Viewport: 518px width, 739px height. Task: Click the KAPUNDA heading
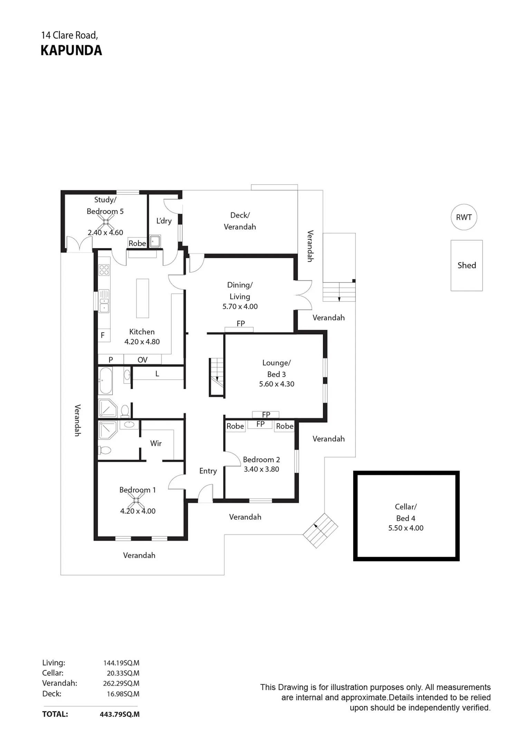tap(71, 50)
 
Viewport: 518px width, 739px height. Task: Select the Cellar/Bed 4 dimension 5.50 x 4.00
tap(406, 528)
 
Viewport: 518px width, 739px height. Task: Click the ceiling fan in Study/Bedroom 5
tap(106, 221)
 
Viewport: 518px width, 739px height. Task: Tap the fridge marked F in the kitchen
tap(104, 335)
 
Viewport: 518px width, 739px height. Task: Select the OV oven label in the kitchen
tap(142, 360)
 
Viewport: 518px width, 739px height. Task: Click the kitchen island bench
tap(143, 298)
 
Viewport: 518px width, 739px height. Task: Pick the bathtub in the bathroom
tap(106, 381)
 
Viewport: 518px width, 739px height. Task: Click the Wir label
tap(156, 443)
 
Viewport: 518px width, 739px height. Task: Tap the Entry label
tap(208, 471)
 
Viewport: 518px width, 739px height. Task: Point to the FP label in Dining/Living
tap(241, 324)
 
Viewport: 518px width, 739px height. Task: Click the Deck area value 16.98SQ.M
tap(123, 694)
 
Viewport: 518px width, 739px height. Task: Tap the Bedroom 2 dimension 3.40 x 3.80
tap(261, 469)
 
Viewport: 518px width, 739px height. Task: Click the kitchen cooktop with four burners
tap(104, 270)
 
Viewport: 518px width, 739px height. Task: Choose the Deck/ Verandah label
tap(240, 221)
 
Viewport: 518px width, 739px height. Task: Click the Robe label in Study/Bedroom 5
tap(137, 243)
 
